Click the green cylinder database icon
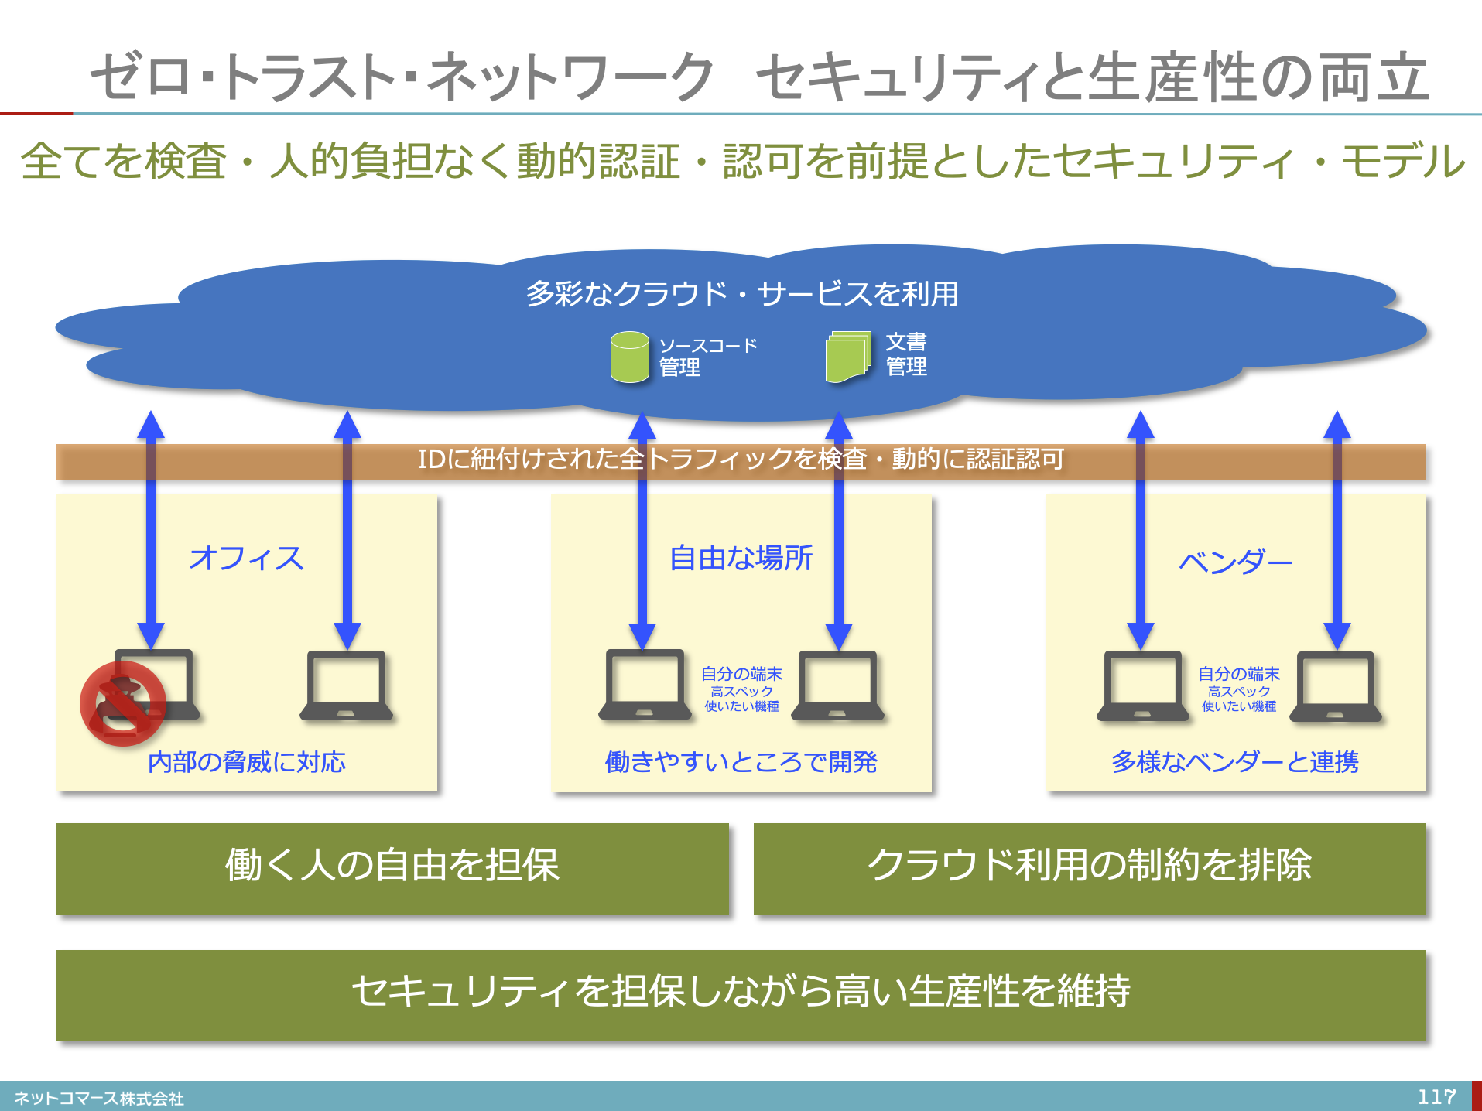point(629,357)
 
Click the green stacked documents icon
point(847,357)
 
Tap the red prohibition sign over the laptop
point(123,702)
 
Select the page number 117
point(1436,1096)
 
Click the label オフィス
point(246,558)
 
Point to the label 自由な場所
point(741,558)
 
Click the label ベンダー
point(1235,561)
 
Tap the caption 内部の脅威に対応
point(246,762)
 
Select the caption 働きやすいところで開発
point(741,762)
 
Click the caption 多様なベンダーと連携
point(1235,762)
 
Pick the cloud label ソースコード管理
point(707,356)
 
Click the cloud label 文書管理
point(906,354)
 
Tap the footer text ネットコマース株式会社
point(99,1098)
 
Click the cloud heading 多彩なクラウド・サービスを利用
point(741,294)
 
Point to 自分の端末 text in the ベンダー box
point(1238,674)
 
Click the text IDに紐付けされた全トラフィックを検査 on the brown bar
point(642,460)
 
